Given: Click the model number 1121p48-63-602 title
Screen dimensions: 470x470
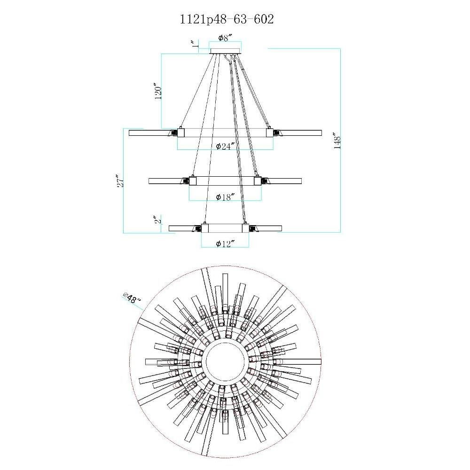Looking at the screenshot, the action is pos(227,19).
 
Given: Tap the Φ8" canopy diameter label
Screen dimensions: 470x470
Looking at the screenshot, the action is pos(226,38).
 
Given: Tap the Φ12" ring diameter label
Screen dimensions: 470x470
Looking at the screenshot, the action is pos(225,244).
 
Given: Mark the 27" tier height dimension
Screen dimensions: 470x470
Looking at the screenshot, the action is pos(120,181).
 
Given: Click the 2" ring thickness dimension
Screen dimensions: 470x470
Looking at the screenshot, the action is pos(158,219).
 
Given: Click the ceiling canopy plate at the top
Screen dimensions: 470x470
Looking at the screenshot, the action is pos(225,51).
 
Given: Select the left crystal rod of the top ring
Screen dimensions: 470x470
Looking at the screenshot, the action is pos(149,133).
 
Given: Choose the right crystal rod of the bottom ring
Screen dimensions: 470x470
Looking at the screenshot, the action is pos(268,228).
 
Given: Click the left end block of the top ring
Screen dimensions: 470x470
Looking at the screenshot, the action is pos(181,132).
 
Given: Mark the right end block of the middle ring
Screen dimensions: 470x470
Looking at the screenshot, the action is pos(258,181).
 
